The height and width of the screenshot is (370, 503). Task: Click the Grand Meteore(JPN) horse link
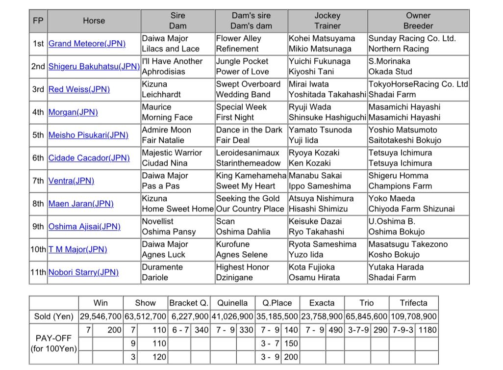coord(87,44)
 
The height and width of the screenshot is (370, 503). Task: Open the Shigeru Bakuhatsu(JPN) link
coord(94,66)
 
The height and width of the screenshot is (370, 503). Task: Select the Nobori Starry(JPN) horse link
coord(83,272)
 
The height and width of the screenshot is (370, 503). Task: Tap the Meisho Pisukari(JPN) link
coord(88,135)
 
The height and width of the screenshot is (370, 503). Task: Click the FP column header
coord(38,21)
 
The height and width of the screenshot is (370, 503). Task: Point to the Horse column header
coord(94,21)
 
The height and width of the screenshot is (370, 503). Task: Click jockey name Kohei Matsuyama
coord(322,38)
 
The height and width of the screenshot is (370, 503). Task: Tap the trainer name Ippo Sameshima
coord(320,186)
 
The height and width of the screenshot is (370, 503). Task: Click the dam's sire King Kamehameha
coord(251,175)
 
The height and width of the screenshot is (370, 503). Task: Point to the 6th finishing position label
coord(38,158)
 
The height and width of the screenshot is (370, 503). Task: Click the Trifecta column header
coord(413,303)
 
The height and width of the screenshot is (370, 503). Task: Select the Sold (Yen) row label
coord(53,317)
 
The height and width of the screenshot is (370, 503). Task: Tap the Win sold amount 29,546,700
coord(101,317)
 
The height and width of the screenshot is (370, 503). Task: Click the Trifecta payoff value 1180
coord(428,330)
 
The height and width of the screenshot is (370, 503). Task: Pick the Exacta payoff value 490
coord(335,330)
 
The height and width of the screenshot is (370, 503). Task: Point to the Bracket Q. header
coord(189,303)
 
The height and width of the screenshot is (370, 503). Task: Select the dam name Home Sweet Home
coord(177,209)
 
